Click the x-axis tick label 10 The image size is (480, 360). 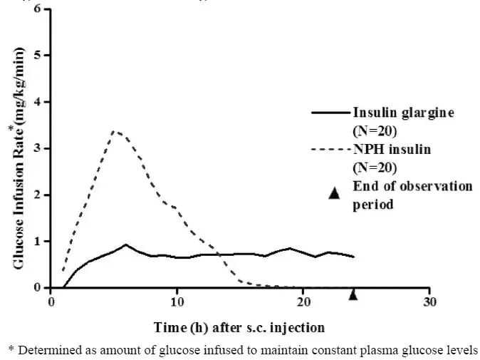click(x=177, y=302)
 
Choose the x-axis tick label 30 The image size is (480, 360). click(x=429, y=302)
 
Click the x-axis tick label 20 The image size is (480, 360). click(x=303, y=302)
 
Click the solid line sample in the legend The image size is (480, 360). click(x=330, y=113)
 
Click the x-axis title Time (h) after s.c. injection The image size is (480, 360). click(x=239, y=327)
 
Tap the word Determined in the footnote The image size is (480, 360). click(x=48, y=349)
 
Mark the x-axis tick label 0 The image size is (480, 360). click(x=51, y=302)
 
